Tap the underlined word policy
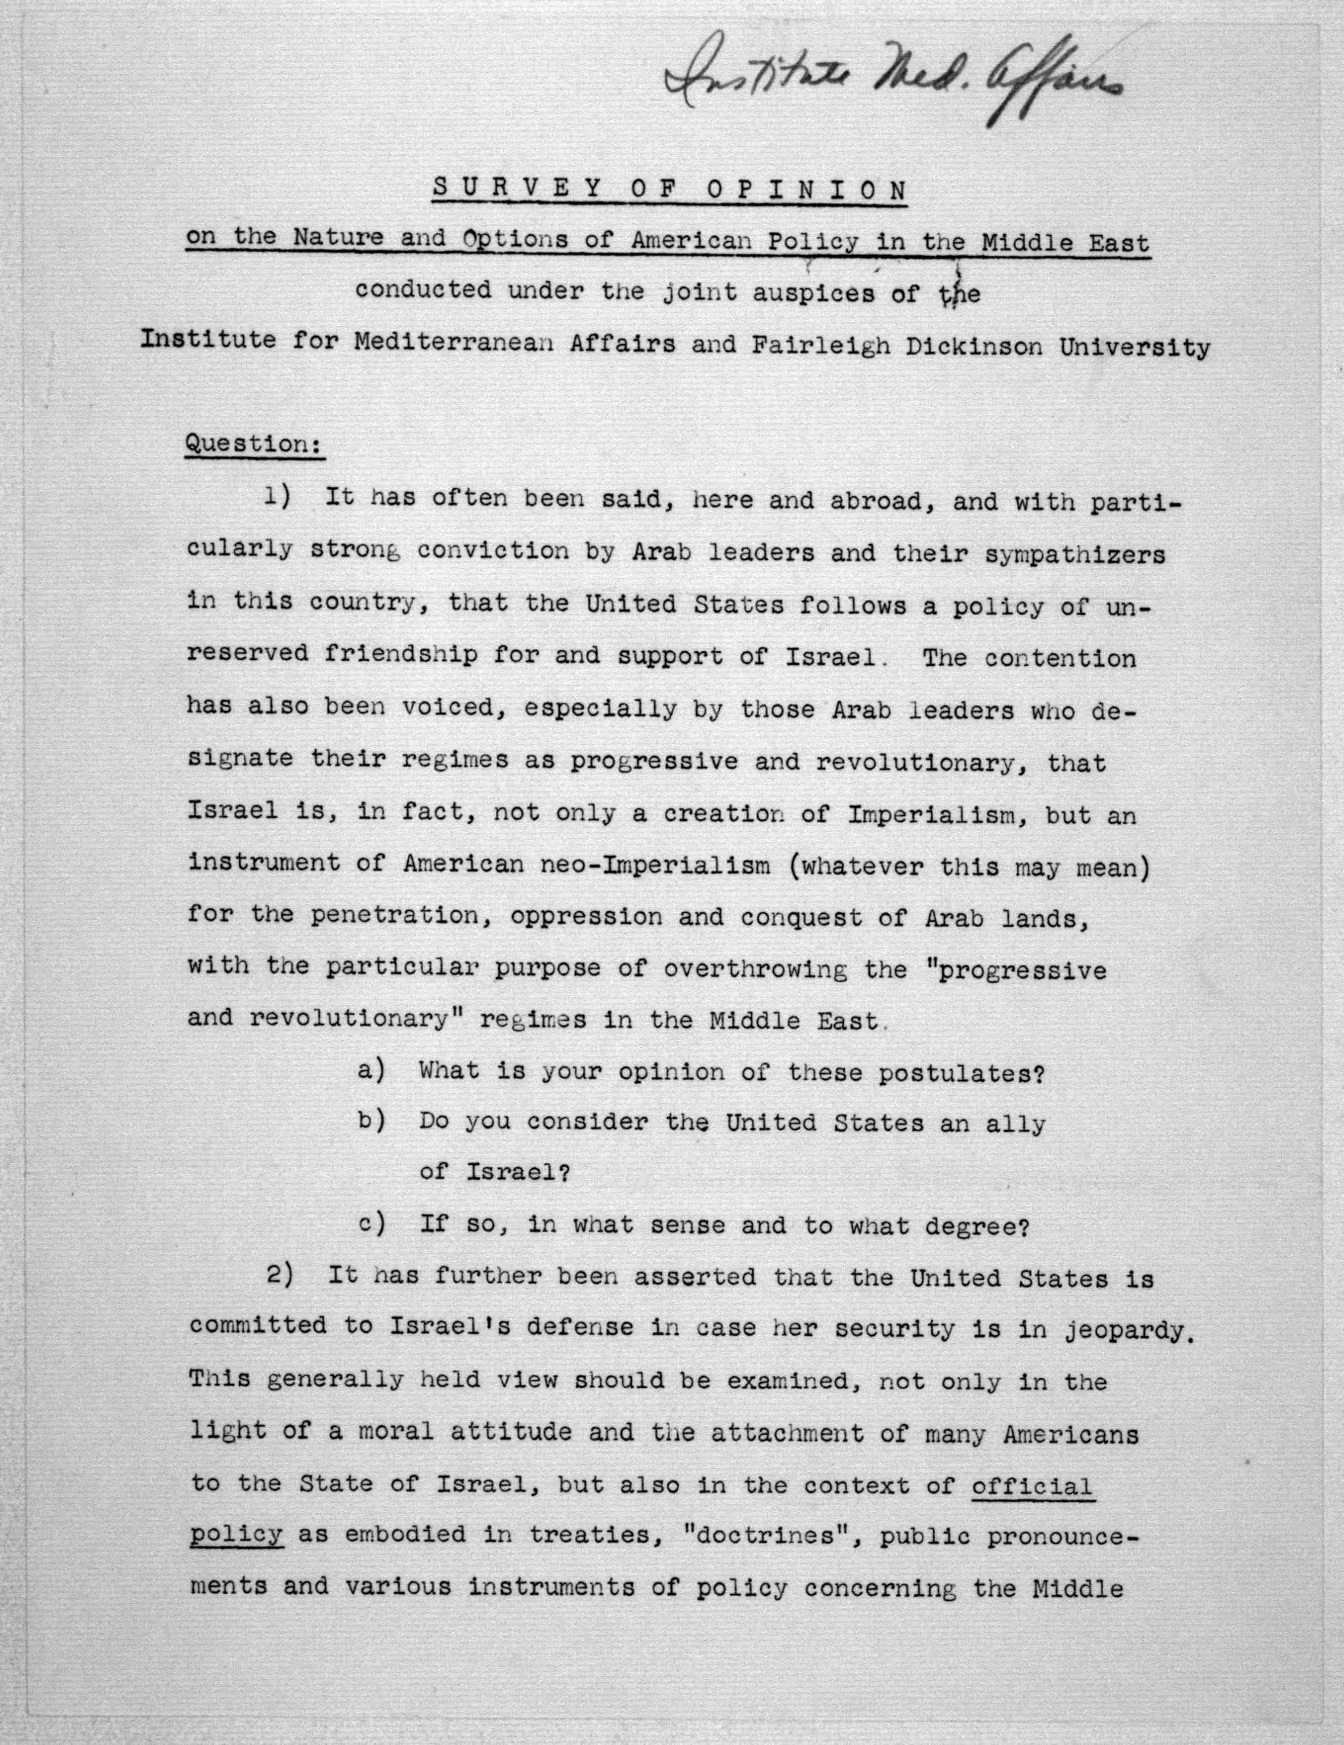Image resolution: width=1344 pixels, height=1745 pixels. coord(236,1535)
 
